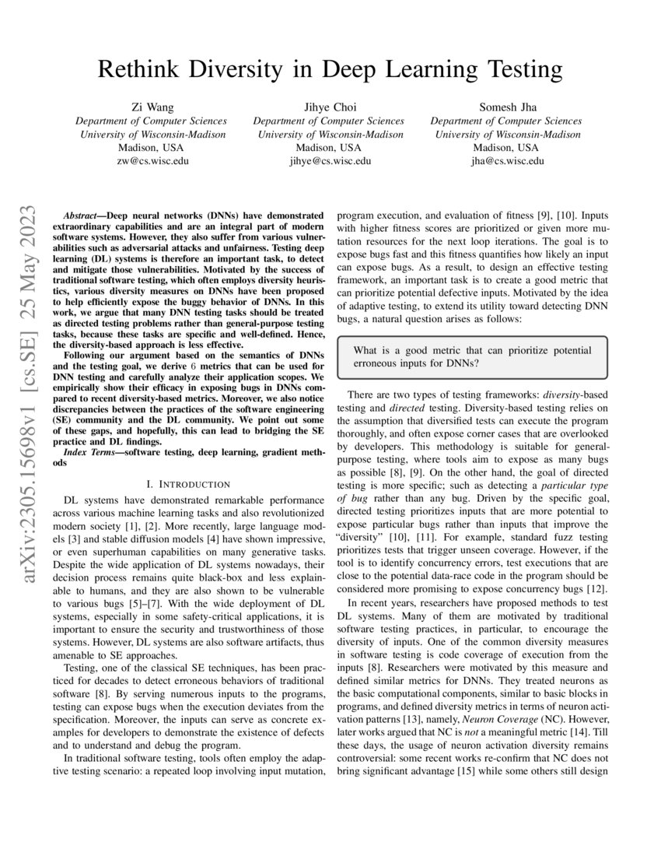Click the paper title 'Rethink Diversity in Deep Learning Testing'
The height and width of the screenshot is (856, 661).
coord(330,69)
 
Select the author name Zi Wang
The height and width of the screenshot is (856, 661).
coord(151,107)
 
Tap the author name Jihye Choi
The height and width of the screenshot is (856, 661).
coord(329,107)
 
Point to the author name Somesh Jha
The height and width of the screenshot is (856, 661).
coord(506,107)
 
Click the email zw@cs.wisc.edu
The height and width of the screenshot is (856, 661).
coord(151,161)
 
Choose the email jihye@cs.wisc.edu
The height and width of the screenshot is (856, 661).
coord(329,161)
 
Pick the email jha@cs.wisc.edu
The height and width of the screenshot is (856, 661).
coord(506,161)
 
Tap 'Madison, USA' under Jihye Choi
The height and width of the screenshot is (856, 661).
coord(329,148)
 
